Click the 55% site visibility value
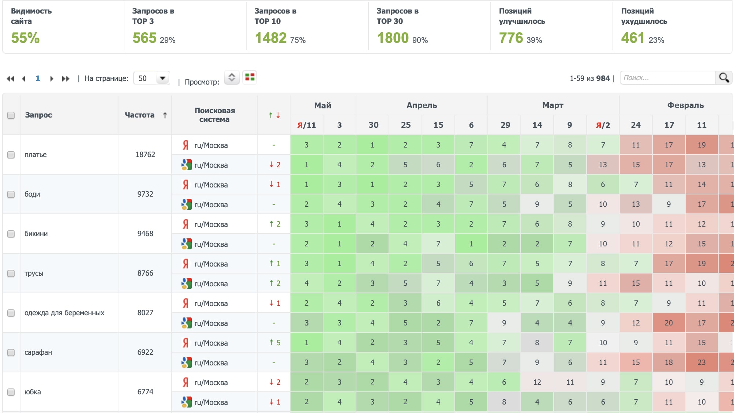pos(25,38)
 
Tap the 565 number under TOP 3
pos(145,38)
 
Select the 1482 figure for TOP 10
pos(270,38)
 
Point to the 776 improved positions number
pos(511,38)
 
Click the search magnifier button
pos(723,78)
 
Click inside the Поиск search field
pos(667,78)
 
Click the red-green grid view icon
pos(250,77)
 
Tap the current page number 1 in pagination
pos(38,78)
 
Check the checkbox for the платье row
pos(11,155)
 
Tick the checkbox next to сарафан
pos(11,352)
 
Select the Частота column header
pos(139,115)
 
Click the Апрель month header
pos(422,105)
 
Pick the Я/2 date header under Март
pos(603,125)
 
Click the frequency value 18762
pos(145,155)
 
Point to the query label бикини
pos(36,234)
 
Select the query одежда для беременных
pos(64,313)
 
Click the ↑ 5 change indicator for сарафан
pos(274,343)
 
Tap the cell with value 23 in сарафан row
pos(701,362)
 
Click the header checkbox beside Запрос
pos(11,115)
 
